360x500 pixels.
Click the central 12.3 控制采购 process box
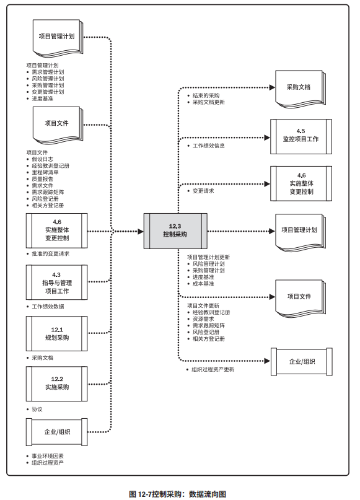pyautogui.click(x=175, y=231)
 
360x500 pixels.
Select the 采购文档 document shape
pyautogui.click(x=301, y=89)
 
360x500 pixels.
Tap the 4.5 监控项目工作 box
pyautogui.click(x=301, y=136)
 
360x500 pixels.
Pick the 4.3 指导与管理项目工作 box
pyautogui.click(x=57, y=282)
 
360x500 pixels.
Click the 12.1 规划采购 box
pyautogui.click(x=57, y=333)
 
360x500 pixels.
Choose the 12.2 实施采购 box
pyautogui.click(x=57, y=384)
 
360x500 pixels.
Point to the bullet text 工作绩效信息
pyautogui.click(x=209, y=146)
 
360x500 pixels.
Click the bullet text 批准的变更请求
pyautogui.click(x=50, y=254)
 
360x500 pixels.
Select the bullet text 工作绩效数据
pyautogui.click(x=48, y=307)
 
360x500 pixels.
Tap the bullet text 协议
pyautogui.click(x=37, y=409)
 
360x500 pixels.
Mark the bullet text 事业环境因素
pyautogui.click(x=48, y=456)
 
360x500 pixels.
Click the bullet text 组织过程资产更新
pyautogui.click(x=213, y=369)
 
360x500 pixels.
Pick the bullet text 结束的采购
pyautogui.click(x=206, y=95)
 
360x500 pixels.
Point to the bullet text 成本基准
pyautogui.click(x=203, y=284)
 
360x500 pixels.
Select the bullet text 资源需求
pyautogui.click(x=203, y=319)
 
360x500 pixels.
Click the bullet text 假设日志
pyautogui.click(x=42, y=159)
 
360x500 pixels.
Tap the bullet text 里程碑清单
pyautogui.click(x=45, y=172)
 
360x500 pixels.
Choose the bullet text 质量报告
pyautogui.click(x=42, y=179)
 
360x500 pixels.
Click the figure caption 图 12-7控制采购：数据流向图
pyautogui.click(x=178, y=494)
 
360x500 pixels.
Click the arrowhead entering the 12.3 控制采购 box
pyautogui.click(x=141, y=231)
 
